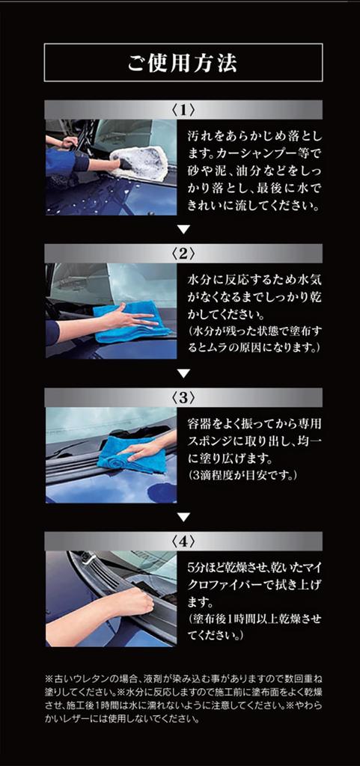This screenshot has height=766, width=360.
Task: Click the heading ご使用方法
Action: [x=183, y=62]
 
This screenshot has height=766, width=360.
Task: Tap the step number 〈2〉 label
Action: [x=183, y=253]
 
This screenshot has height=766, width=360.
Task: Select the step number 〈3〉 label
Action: [x=183, y=397]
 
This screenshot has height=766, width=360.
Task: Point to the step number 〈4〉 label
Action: [x=183, y=541]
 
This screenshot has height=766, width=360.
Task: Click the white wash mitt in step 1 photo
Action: [x=141, y=162]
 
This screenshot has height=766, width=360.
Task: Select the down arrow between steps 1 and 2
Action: [x=183, y=229]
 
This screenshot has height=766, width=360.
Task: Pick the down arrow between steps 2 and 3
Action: [x=183, y=373]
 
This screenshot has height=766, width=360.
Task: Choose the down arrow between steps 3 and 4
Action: [x=183, y=517]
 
